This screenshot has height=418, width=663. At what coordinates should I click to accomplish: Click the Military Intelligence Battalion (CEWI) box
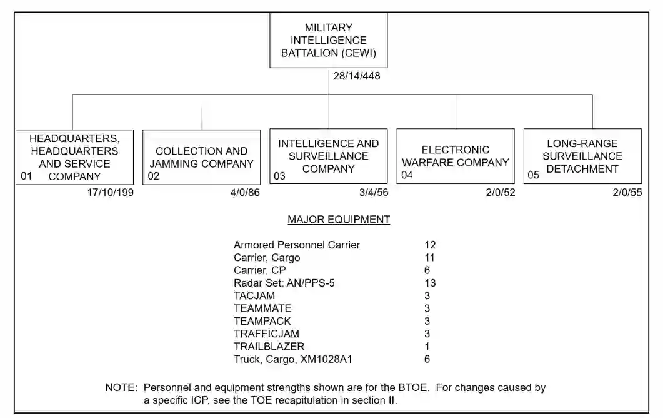point(328,40)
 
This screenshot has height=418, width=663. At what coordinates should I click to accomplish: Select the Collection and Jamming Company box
point(201,157)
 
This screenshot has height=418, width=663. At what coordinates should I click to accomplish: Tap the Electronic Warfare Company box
point(456,156)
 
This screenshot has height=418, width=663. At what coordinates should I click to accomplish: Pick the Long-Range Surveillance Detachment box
point(582,156)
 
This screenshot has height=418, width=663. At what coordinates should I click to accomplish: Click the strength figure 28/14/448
point(357,76)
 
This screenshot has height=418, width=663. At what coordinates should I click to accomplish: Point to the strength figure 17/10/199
point(111,193)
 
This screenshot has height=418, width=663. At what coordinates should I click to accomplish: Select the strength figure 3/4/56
point(374,193)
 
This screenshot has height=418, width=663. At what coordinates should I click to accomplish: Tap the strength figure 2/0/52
point(501,193)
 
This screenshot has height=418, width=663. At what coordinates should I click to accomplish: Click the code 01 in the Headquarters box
point(26,176)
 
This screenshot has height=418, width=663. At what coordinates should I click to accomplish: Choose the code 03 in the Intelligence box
point(279,176)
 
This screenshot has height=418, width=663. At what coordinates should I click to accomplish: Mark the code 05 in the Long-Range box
point(533,176)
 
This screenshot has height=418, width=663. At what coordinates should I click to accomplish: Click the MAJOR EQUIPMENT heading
point(339,220)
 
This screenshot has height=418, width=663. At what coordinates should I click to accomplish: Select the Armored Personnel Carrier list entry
point(297,245)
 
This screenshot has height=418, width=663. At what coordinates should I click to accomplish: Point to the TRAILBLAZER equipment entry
point(269,347)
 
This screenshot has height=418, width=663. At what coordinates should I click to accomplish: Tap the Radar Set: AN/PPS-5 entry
point(284,283)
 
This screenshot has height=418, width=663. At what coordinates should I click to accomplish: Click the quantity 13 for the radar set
point(430,283)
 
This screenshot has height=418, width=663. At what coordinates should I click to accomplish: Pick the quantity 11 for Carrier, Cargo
point(429,258)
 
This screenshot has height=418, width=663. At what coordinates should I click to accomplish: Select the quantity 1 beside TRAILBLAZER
point(427,347)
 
